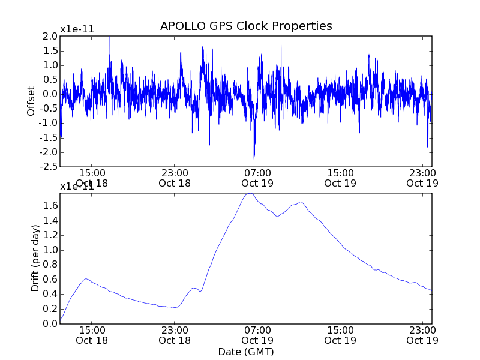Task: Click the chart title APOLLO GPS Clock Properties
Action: [246, 26]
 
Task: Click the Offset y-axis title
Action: [31, 101]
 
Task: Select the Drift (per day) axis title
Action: [35, 259]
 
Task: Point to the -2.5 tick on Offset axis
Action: [49, 167]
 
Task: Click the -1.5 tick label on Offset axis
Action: [49, 137]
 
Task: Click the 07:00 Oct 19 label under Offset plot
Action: [257, 178]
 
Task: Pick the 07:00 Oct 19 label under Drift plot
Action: [257, 335]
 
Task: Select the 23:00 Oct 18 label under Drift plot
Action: [175, 335]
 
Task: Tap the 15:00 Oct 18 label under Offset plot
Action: [92, 178]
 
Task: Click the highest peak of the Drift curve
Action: [250, 193]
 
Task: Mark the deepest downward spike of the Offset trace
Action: [254, 158]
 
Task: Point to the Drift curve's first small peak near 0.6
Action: [86, 279]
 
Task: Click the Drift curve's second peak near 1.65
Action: [300, 202]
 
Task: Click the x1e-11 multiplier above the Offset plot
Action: [77, 29]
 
